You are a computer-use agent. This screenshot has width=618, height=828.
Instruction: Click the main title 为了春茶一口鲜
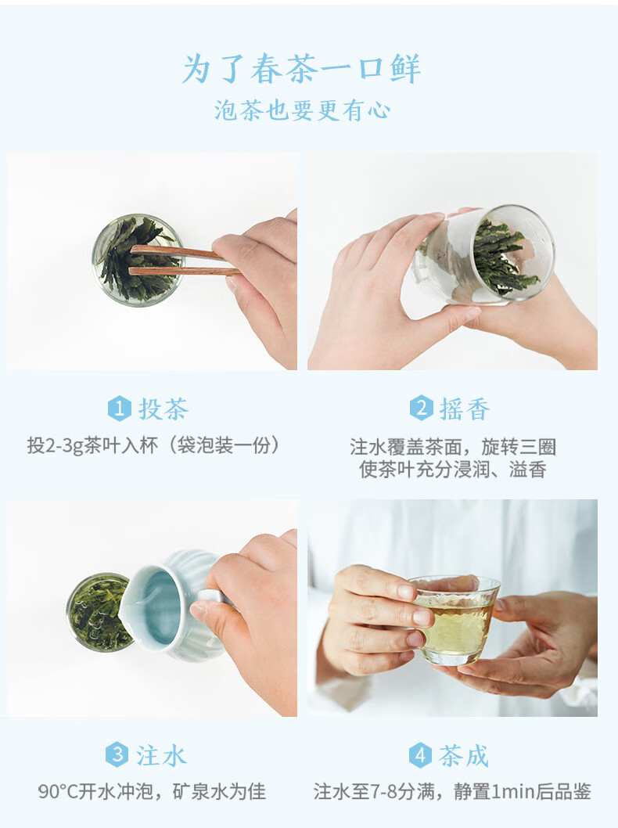tap(301, 69)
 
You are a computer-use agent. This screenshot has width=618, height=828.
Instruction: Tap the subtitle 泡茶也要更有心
tap(303, 111)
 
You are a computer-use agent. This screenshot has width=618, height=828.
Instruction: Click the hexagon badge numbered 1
tap(119, 409)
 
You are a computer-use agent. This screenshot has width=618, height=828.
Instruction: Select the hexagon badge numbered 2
tap(421, 409)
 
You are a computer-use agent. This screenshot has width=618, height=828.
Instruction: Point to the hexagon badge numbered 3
tap(117, 754)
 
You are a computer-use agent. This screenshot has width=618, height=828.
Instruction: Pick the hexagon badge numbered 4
tap(420, 755)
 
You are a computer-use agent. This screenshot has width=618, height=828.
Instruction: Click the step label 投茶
tap(163, 409)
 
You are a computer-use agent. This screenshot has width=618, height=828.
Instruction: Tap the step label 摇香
tap(465, 409)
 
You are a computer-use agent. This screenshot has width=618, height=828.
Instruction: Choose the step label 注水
tap(161, 755)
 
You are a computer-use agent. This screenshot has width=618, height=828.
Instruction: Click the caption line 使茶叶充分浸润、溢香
tap(452, 469)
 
